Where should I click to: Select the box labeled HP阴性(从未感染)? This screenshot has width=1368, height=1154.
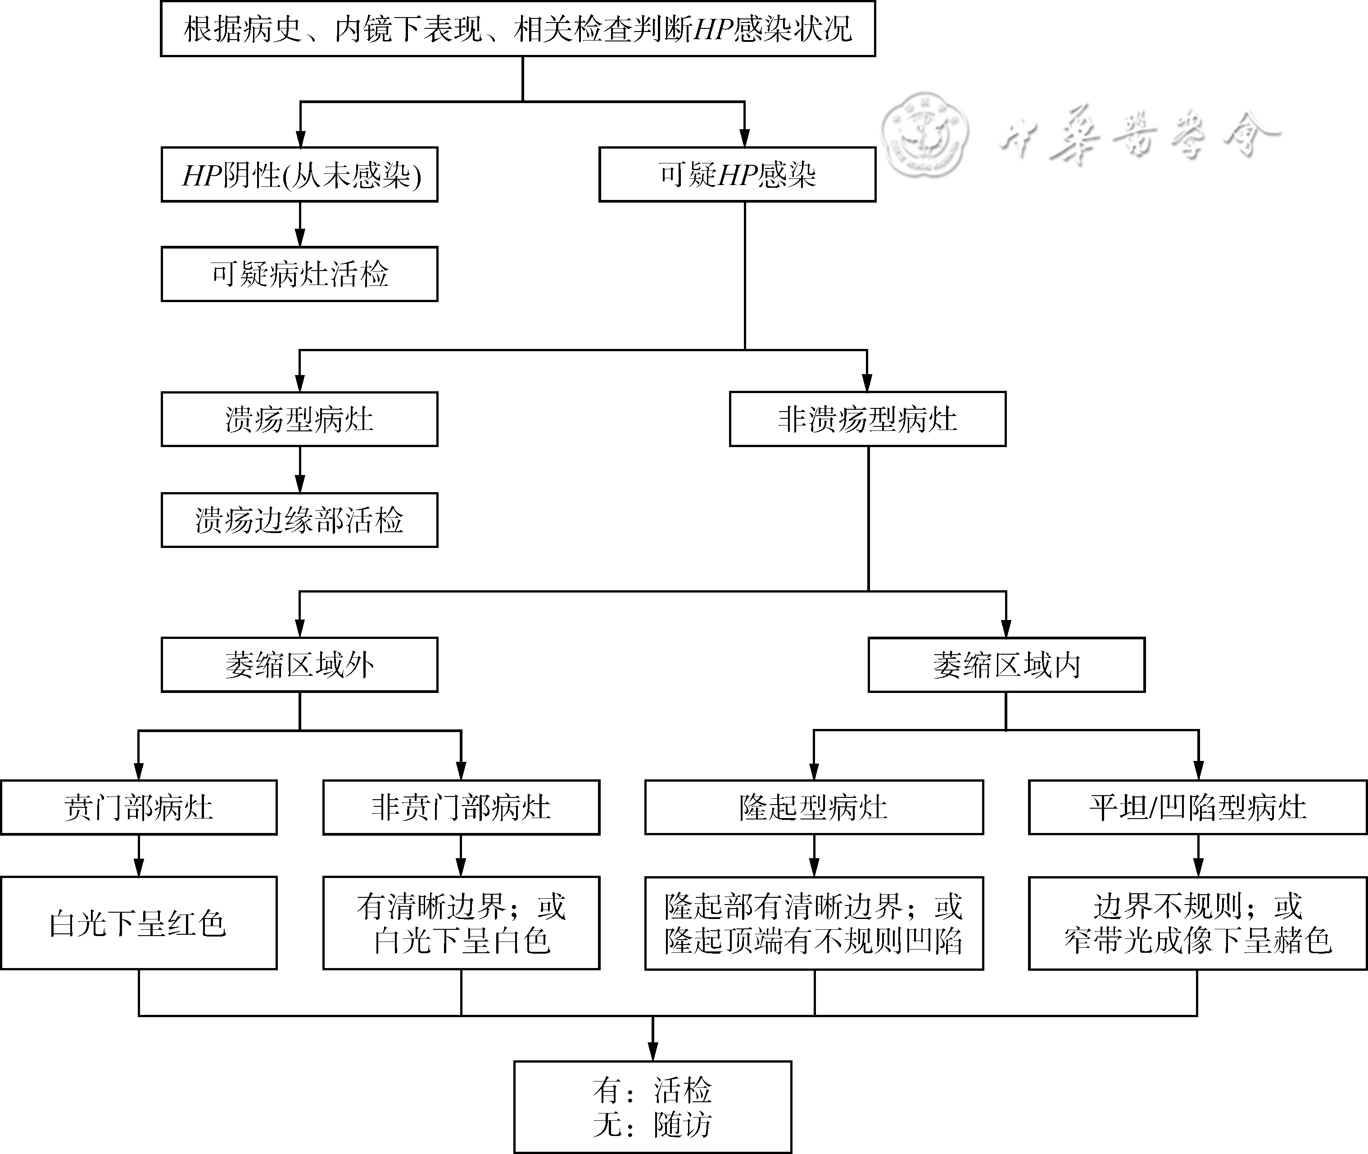299,175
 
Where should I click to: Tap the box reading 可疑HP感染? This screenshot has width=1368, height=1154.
737,175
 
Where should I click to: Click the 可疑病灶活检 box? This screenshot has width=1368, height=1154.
299,274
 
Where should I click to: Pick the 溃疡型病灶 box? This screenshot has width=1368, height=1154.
299,419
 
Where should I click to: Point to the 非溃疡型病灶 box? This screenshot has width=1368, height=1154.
868,419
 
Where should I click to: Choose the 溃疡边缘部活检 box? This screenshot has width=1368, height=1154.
299,520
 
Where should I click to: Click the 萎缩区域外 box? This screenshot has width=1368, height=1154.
299,665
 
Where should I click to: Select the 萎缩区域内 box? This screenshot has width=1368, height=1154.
1006,665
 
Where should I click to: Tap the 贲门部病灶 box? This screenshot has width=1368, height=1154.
139,807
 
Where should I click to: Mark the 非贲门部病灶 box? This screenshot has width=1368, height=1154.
461,807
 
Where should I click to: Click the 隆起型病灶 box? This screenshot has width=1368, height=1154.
814,807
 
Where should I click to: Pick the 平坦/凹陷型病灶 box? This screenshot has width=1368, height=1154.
1198,807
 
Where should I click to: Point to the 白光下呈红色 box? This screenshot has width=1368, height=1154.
139,923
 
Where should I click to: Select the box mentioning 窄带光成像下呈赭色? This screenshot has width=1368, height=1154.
1198,923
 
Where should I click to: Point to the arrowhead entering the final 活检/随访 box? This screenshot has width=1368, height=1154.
652,1052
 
